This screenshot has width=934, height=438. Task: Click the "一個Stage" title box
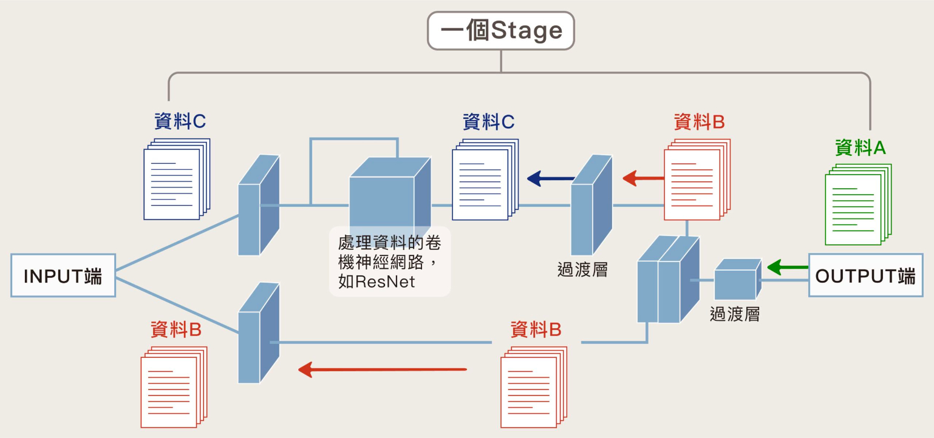click(501, 31)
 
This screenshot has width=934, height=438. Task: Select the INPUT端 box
click(63, 275)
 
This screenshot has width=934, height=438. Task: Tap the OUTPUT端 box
click(865, 275)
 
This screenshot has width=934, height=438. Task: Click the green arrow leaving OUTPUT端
click(787, 267)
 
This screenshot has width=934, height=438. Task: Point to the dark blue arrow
click(550, 178)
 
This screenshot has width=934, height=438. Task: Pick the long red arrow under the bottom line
click(382, 369)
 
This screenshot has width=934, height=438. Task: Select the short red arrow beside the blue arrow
click(644, 178)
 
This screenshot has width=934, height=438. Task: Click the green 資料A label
click(861, 147)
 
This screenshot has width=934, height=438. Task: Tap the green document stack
click(856, 206)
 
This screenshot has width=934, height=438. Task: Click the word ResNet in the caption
click(385, 281)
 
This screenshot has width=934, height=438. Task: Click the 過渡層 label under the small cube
click(735, 314)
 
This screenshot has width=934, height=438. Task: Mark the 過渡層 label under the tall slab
click(582, 269)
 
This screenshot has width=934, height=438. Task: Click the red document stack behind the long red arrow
click(532, 389)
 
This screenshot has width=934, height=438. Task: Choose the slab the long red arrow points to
click(257, 334)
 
